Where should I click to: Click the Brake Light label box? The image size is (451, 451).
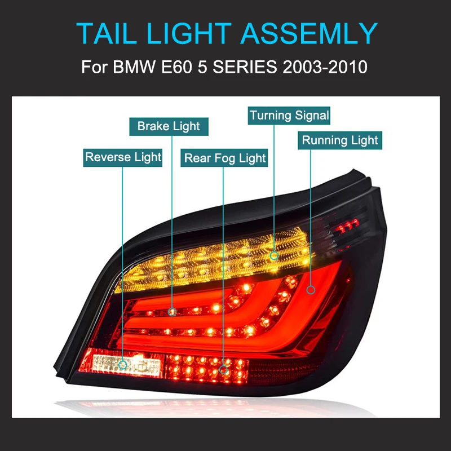tap(169, 126)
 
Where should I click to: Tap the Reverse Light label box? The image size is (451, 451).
tap(123, 157)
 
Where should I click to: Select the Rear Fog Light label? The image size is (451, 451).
tap(225, 158)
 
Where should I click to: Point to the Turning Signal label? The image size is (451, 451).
tap(289, 116)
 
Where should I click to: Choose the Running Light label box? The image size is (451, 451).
tap(340, 140)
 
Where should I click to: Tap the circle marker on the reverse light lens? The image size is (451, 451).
tap(123, 365)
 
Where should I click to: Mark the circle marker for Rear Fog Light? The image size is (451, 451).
tap(224, 370)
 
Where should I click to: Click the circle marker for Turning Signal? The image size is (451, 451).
tap(274, 255)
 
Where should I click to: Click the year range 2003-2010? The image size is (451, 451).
tap(321, 67)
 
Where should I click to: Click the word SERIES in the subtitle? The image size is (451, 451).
tap(246, 67)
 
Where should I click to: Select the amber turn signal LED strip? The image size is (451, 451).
tap(220, 262)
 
